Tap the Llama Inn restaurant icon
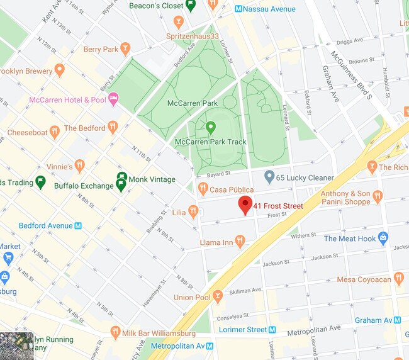coord(240,242)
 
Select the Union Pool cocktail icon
coord(218,295)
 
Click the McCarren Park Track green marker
coord(211,128)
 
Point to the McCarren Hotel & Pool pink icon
coord(114,98)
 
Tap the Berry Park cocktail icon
coord(126,49)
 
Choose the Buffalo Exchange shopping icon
coord(121,185)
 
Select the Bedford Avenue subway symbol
coord(78,225)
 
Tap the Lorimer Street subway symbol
coord(272,329)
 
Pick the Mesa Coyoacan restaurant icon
coord(398,279)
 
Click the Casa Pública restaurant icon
coord(203,188)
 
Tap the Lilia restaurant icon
coord(193,211)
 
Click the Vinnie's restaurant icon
coord(79,166)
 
